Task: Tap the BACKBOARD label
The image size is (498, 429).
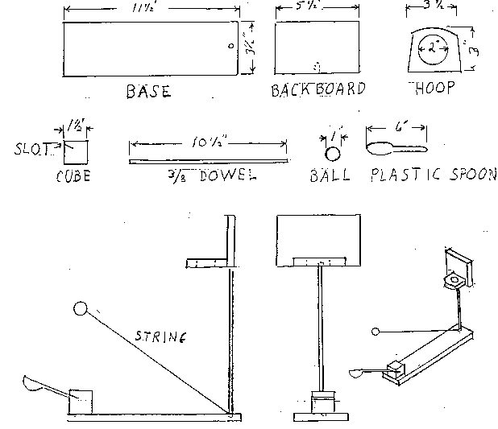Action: [x=318, y=89]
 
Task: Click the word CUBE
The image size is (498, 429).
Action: [x=73, y=175]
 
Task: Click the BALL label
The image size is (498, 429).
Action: [x=330, y=175]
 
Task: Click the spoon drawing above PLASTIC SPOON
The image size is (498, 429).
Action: [x=395, y=148]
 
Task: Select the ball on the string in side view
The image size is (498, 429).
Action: [x=80, y=307]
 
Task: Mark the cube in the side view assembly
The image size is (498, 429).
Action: [x=81, y=402]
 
